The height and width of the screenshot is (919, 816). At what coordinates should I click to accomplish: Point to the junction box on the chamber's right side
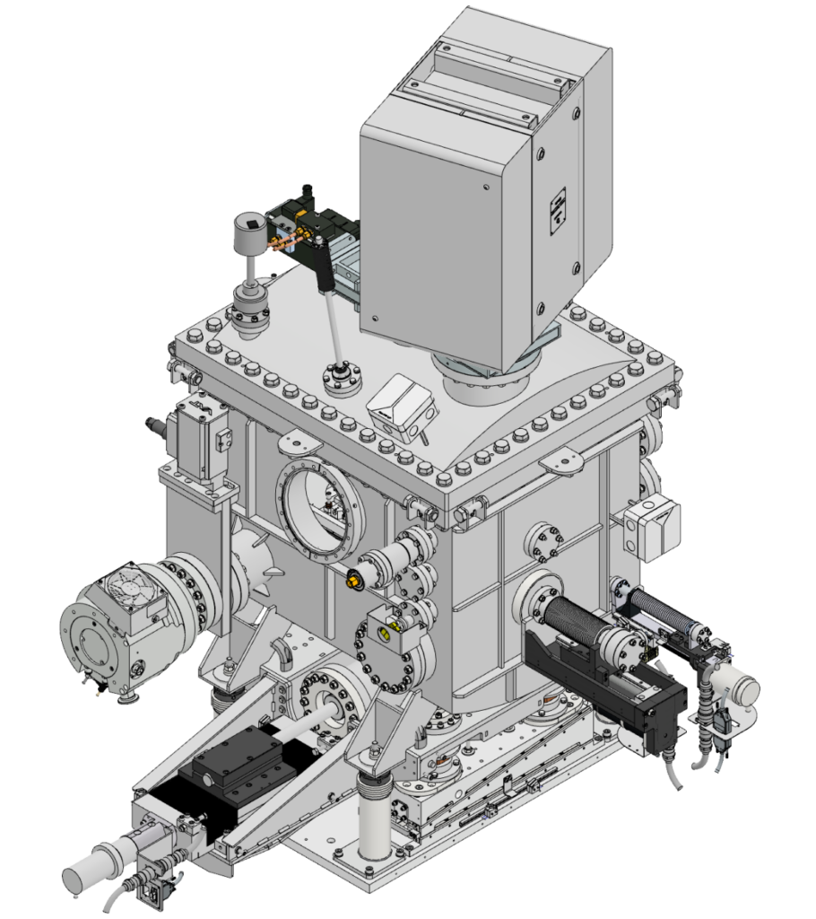[x=651, y=527]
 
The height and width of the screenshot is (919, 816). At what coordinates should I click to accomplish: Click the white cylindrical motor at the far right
[x=737, y=689]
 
